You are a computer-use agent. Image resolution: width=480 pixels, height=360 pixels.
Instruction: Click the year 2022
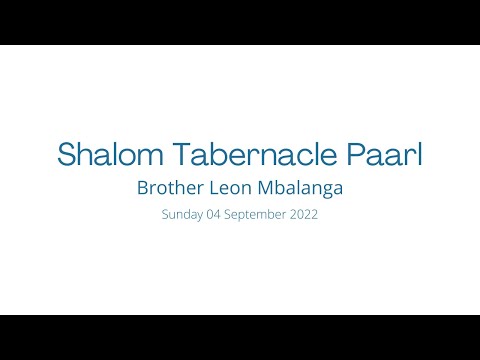click(x=304, y=215)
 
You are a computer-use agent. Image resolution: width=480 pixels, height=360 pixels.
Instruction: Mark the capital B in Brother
click(x=142, y=187)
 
